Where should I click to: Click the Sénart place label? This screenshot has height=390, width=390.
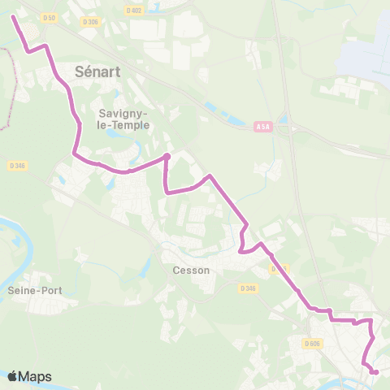[97, 71]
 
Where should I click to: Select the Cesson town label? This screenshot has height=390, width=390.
[192, 271]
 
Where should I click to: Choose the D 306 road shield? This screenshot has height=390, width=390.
[91, 22]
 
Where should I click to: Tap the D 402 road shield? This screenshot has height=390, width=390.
[134, 10]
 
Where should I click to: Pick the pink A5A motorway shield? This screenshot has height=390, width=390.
[262, 127]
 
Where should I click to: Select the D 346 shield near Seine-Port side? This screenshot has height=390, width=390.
[18, 166]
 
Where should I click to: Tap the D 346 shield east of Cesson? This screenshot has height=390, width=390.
[249, 288]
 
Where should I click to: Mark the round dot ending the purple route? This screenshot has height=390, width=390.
[375, 372]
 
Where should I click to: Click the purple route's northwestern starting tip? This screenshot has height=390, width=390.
[14, 15]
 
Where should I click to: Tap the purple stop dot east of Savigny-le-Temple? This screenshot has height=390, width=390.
[167, 156]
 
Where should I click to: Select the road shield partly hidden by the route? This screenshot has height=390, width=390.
[279, 268]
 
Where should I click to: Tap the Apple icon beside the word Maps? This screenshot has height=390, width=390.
[13, 376]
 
